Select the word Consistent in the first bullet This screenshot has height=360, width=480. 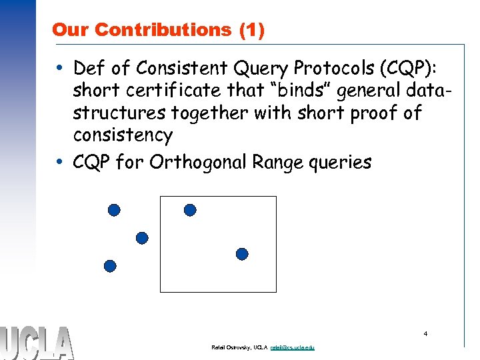pyautogui.click(x=175, y=69)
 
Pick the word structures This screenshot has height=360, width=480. pyautogui.click(x=119, y=113)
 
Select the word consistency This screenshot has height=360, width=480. pyautogui.click(x=123, y=135)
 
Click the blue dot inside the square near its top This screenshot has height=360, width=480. pyautogui.click(x=190, y=210)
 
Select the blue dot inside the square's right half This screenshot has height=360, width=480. pyautogui.click(x=242, y=254)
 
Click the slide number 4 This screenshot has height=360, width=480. pyautogui.click(x=425, y=333)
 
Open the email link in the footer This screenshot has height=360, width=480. pyautogui.click(x=293, y=348)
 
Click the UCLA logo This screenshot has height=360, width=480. pyautogui.click(x=37, y=343)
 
